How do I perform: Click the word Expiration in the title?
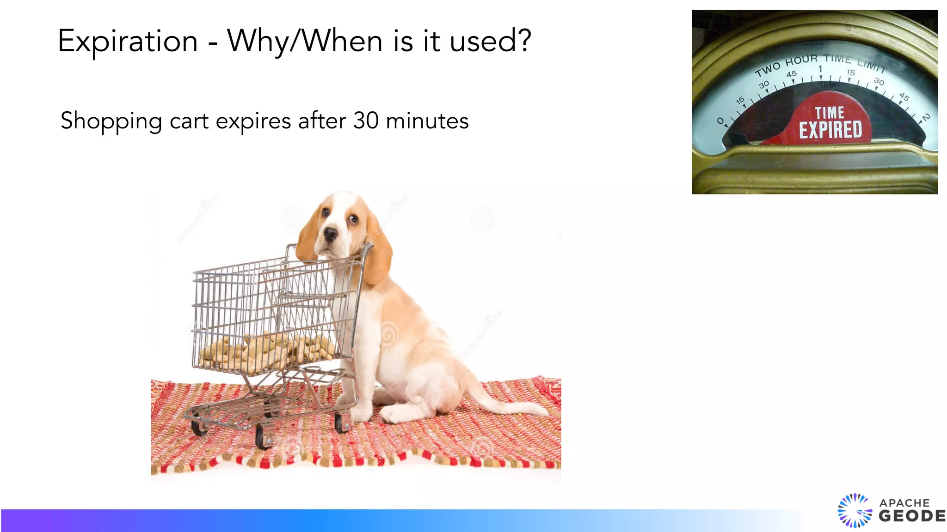click(128, 42)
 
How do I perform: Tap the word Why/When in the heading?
click(305, 42)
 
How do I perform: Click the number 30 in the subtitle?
click(366, 121)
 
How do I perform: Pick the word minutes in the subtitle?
click(427, 121)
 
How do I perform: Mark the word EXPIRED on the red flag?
click(830, 130)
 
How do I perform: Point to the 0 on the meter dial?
click(720, 121)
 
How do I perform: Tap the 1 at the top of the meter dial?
click(820, 69)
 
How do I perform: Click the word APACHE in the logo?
click(904, 502)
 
